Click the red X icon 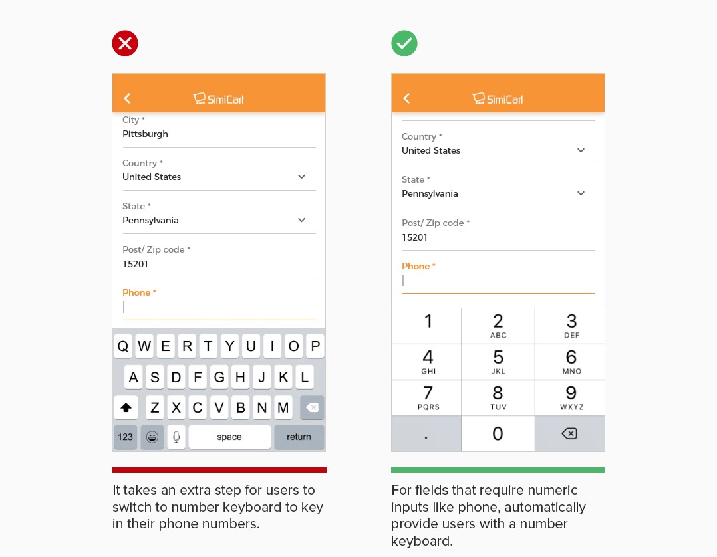[125, 43]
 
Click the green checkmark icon [404, 43]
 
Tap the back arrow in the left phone [127, 98]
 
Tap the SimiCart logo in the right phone [498, 99]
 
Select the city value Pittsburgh [145, 134]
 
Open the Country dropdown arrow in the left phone [301, 177]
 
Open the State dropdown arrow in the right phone [581, 193]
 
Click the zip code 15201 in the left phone [136, 264]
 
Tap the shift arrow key [126, 407]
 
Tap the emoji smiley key [152, 437]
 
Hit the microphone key [176, 437]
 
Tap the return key [299, 437]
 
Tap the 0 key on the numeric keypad [498, 434]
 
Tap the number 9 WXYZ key [571, 397]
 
